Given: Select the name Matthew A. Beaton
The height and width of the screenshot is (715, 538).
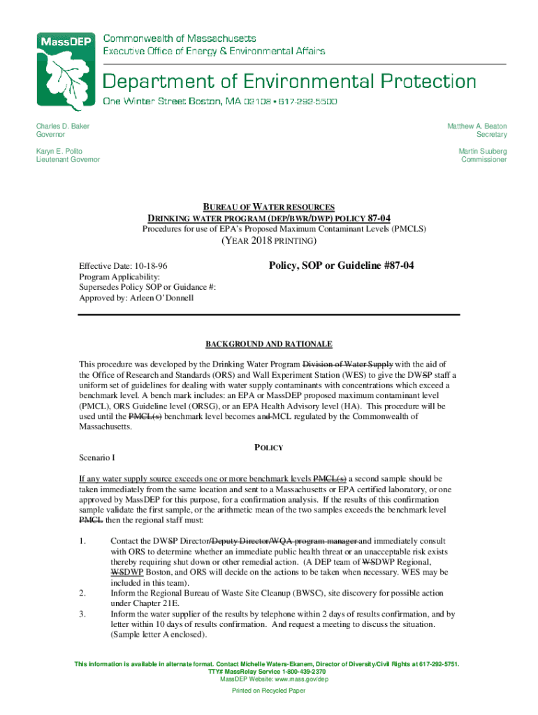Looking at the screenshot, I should click(x=477, y=126).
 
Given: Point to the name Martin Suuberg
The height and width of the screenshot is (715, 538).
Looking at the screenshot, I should click(x=483, y=151).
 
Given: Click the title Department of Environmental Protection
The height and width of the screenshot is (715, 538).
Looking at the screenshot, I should click(x=290, y=81).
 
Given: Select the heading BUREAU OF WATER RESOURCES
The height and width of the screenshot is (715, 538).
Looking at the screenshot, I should click(x=269, y=207).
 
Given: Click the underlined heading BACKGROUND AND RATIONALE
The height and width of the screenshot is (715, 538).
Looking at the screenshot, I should click(x=269, y=344).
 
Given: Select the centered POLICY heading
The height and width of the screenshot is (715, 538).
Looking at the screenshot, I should click(x=269, y=447).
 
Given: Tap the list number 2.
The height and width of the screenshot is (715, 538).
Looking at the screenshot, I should click(x=82, y=594).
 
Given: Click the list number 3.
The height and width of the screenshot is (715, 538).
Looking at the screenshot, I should click(x=82, y=614).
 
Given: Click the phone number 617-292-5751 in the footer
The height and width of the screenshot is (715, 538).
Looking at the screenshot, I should click(x=439, y=664).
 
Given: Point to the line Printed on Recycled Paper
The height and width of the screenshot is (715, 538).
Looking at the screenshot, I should click(x=269, y=691).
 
